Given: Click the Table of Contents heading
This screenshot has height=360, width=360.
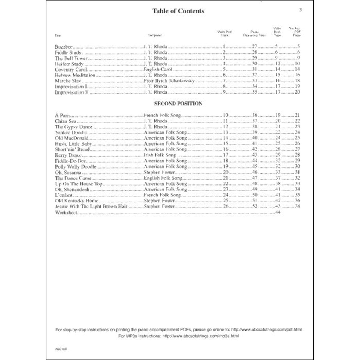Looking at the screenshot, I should tap(178, 11).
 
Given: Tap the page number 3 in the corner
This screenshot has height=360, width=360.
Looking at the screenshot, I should tap(301, 10).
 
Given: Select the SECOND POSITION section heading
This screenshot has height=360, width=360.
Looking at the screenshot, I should tap(178, 103).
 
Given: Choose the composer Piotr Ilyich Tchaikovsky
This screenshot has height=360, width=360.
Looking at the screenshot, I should tap(169, 81).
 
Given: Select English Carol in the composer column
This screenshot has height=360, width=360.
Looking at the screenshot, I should tap(158, 70).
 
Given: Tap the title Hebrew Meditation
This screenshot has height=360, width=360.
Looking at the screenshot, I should tap(75, 75).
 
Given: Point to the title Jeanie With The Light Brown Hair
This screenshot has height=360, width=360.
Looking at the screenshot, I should tap(91, 206).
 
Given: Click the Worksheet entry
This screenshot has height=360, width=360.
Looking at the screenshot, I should tap(66, 212).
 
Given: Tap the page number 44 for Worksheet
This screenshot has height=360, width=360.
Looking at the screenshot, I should tap(278, 212).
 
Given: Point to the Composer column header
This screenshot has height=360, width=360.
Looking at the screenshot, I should tap(155, 35).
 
